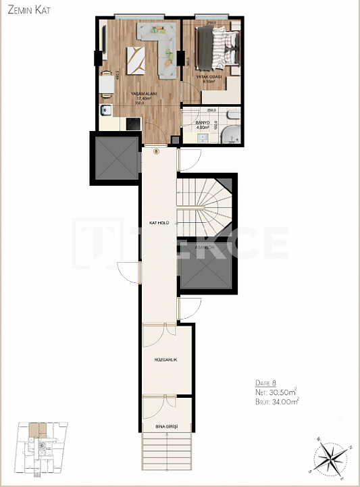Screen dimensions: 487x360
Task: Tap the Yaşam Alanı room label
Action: [141, 94]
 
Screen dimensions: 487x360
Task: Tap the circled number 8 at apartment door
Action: [157, 152]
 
